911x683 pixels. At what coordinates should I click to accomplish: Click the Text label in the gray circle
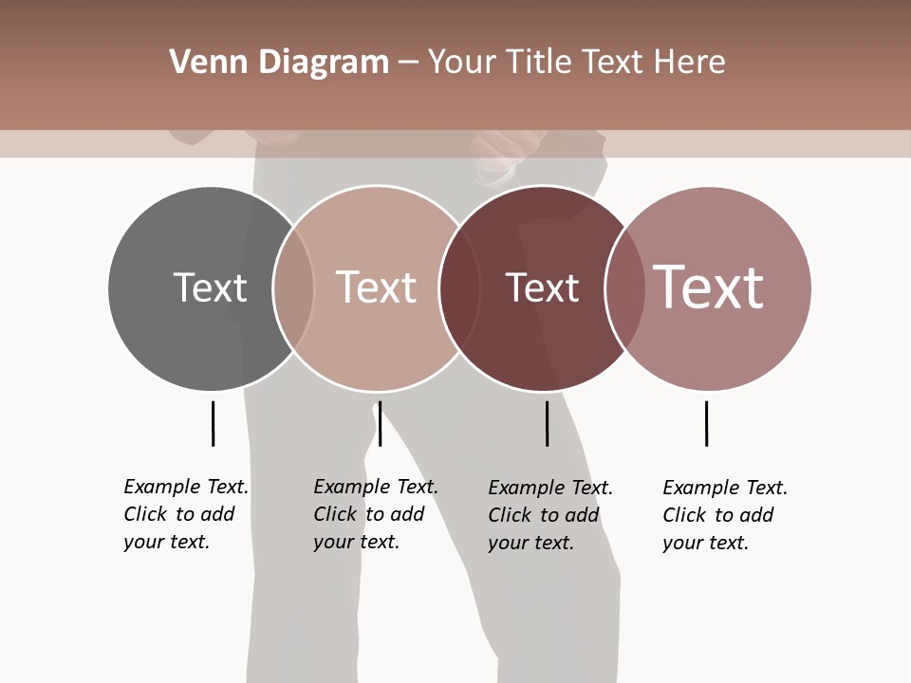pyautogui.click(x=210, y=287)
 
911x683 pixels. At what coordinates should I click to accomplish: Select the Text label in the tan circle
pyautogui.click(x=376, y=287)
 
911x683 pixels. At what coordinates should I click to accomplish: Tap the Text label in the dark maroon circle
pyautogui.click(x=542, y=287)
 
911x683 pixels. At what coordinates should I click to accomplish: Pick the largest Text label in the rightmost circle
pyautogui.click(x=709, y=287)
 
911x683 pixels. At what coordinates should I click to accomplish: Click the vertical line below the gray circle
pyautogui.click(x=213, y=423)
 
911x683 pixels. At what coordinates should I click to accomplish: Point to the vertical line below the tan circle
pyautogui.click(x=380, y=423)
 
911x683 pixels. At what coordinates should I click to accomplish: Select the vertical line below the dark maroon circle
pyautogui.click(x=547, y=423)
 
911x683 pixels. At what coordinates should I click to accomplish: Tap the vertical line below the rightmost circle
pyautogui.click(x=706, y=423)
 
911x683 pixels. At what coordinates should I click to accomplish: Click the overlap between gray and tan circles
pyautogui.click(x=293, y=287)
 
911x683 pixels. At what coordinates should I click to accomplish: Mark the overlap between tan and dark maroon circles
pyautogui.click(x=459, y=287)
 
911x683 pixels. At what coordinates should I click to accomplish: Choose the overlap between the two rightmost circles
pyautogui.click(x=625, y=287)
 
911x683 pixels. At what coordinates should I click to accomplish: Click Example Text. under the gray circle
pyautogui.click(x=186, y=487)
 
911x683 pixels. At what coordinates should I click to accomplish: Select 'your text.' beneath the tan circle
pyautogui.click(x=356, y=542)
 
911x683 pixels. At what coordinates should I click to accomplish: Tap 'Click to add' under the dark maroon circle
pyautogui.click(x=544, y=515)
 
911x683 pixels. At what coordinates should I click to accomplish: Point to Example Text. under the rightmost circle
pyautogui.click(x=725, y=488)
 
